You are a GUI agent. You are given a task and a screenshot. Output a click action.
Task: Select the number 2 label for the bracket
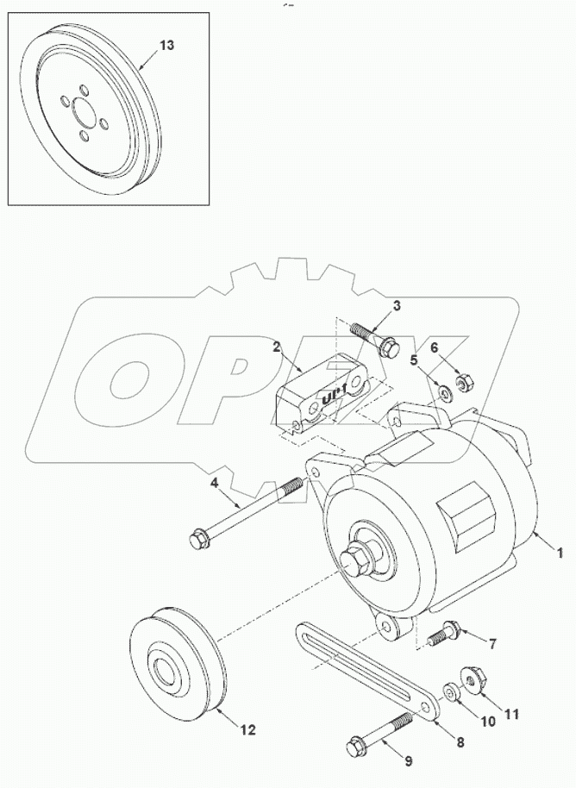(x=276, y=347)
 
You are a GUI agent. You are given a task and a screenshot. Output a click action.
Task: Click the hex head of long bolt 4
(x=199, y=541)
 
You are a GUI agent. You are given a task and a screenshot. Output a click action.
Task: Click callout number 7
(x=492, y=643)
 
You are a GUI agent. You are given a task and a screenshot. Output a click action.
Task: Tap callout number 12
(x=247, y=730)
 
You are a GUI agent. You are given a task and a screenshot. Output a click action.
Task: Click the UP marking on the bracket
(x=333, y=396)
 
